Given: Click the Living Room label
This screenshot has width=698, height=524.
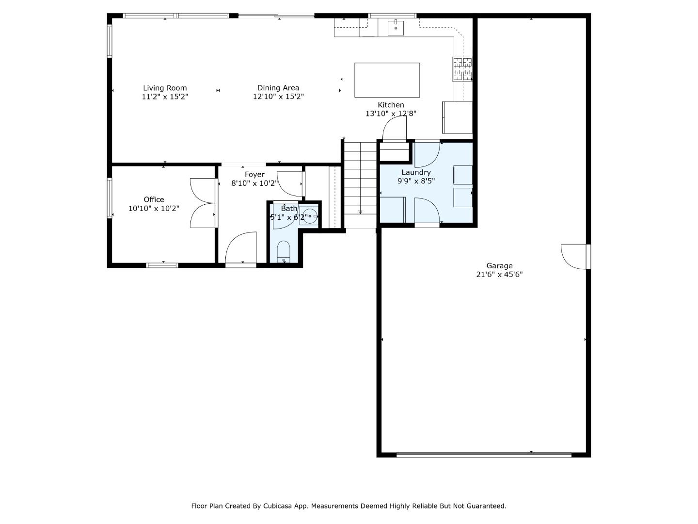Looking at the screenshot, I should (x=165, y=88).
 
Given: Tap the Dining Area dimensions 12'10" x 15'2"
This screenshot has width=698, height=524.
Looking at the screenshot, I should (x=278, y=97).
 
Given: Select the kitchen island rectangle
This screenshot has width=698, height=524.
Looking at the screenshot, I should (x=387, y=80).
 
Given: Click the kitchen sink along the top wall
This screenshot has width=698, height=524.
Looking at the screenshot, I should (x=396, y=28).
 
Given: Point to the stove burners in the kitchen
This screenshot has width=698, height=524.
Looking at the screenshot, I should (x=462, y=68).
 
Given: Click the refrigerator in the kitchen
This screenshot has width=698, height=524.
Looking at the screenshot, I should (x=457, y=117).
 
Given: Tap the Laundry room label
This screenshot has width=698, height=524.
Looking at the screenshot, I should (x=416, y=172).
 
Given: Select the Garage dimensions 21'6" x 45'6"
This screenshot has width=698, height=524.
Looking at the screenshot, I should (x=499, y=274).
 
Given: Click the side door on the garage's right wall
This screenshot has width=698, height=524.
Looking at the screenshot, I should (x=575, y=256).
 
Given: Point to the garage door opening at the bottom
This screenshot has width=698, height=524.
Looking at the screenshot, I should (x=484, y=455).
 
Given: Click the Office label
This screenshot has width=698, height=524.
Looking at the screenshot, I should (x=154, y=199).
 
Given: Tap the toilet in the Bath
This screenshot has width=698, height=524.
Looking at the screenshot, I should (x=284, y=252).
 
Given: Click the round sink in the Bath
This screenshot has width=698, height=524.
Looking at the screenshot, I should (x=309, y=216).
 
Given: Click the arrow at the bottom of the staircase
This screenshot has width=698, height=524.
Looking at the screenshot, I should (x=360, y=212).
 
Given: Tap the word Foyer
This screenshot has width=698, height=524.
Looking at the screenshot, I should (x=254, y=175).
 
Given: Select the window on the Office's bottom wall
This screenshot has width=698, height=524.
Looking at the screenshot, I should (x=162, y=265).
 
